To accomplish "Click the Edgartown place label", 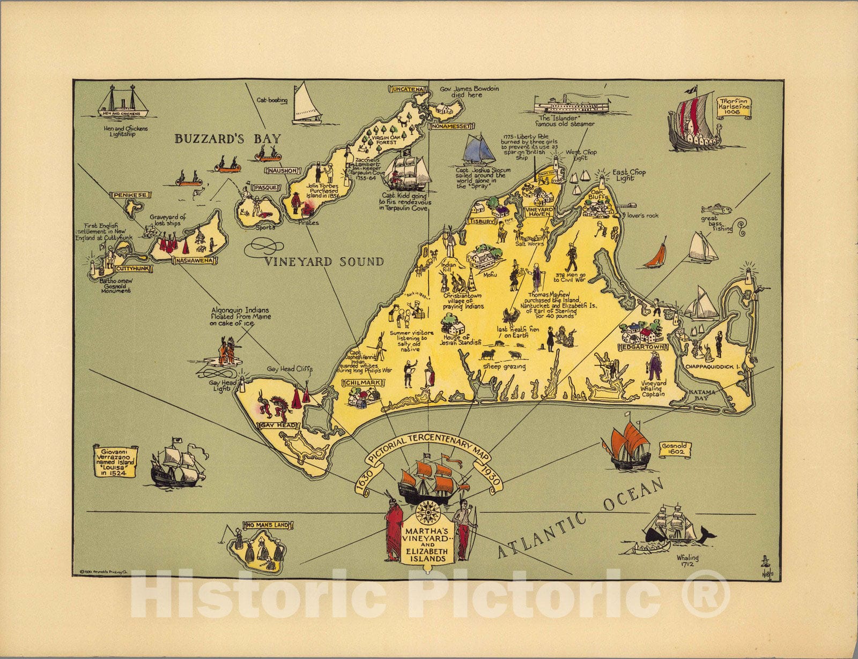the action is (x=641, y=347).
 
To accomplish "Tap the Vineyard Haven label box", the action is (x=538, y=212).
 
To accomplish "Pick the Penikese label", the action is (x=128, y=195).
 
